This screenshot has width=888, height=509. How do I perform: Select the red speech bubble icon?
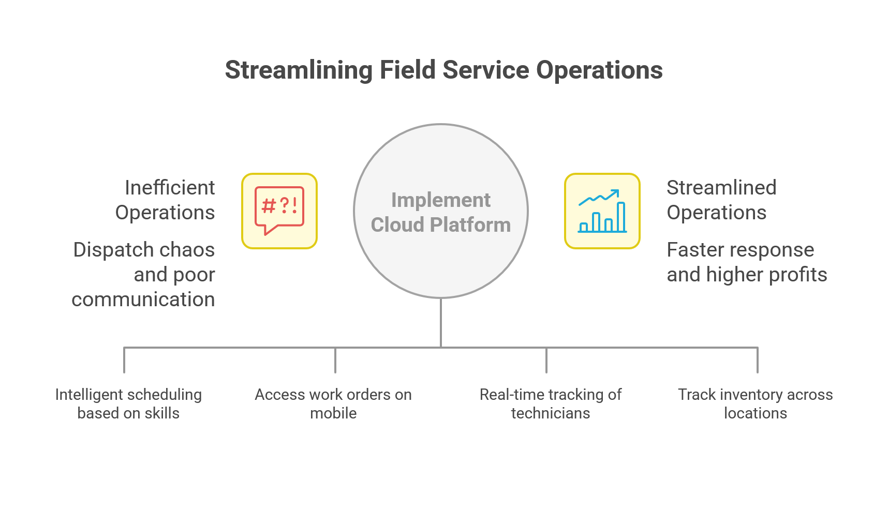click(x=279, y=211)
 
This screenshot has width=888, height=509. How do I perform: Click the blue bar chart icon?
click(x=602, y=217)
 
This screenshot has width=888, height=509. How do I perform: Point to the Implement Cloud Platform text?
click(x=441, y=213)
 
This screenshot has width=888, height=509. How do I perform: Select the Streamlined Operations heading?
click(x=721, y=200)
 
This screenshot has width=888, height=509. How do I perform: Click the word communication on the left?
click(x=143, y=300)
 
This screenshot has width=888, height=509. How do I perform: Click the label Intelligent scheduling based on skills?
click(x=128, y=404)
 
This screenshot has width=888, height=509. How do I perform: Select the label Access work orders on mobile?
click(x=333, y=404)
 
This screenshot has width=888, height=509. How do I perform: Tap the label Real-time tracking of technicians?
click(x=551, y=404)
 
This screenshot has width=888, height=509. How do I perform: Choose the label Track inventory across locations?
click(x=756, y=404)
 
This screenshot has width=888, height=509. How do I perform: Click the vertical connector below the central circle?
click(x=441, y=322)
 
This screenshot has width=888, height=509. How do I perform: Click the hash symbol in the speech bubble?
click(x=269, y=206)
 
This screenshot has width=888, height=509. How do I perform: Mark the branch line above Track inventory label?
click(x=758, y=360)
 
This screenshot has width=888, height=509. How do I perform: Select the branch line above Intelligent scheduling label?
click(x=124, y=360)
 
